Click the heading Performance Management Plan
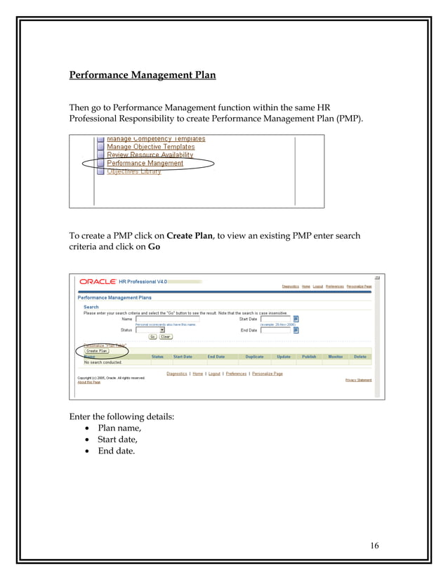tap(142, 74)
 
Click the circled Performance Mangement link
tap(145, 163)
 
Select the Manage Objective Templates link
tap(150, 147)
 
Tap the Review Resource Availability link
tap(150, 154)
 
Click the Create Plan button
tap(96, 350)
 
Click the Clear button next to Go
tap(166, 336)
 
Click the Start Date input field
tap(275, 319)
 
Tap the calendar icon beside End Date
tap(296, 329)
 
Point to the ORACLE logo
tap(98, 282)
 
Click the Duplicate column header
tap(254, 357)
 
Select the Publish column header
tap(309, 357)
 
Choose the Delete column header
tap(360, 357)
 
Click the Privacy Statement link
tap(358, 380)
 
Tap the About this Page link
tap(89, 382)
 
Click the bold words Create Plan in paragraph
tap(190, 236)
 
